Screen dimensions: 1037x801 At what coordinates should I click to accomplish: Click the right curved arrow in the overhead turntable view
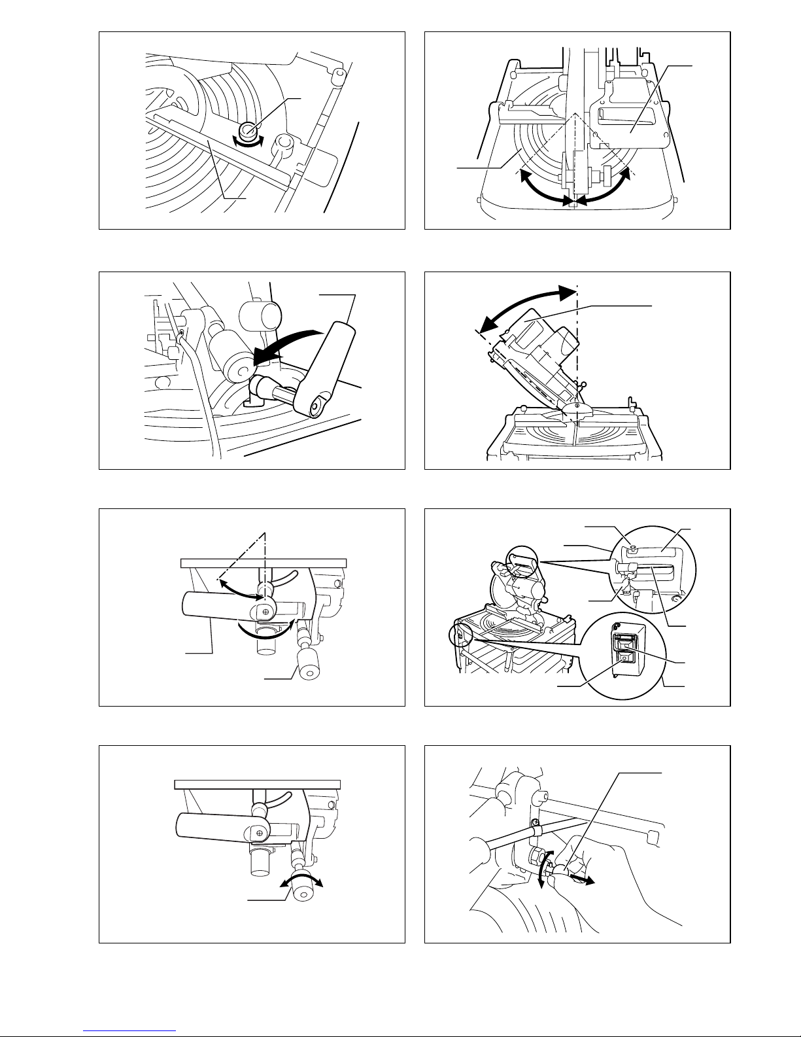pos(605,186)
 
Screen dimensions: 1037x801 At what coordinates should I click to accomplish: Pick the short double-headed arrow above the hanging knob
pos(302,882)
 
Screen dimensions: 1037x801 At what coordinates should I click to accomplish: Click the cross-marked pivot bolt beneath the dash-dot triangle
pos(265,611)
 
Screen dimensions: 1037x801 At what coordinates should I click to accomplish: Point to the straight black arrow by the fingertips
pos(582,880)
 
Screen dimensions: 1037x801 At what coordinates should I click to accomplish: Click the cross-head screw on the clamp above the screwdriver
pos(534,822)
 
